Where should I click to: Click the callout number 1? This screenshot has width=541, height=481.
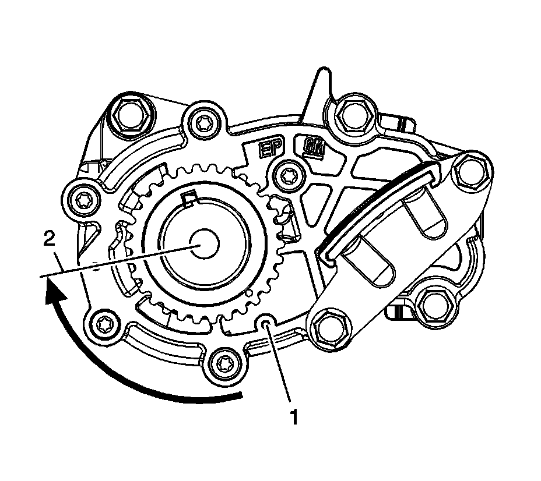(295, 417)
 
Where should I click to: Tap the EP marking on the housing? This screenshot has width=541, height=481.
(270, 148)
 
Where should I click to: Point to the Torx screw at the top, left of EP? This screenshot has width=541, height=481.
(203, 122)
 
